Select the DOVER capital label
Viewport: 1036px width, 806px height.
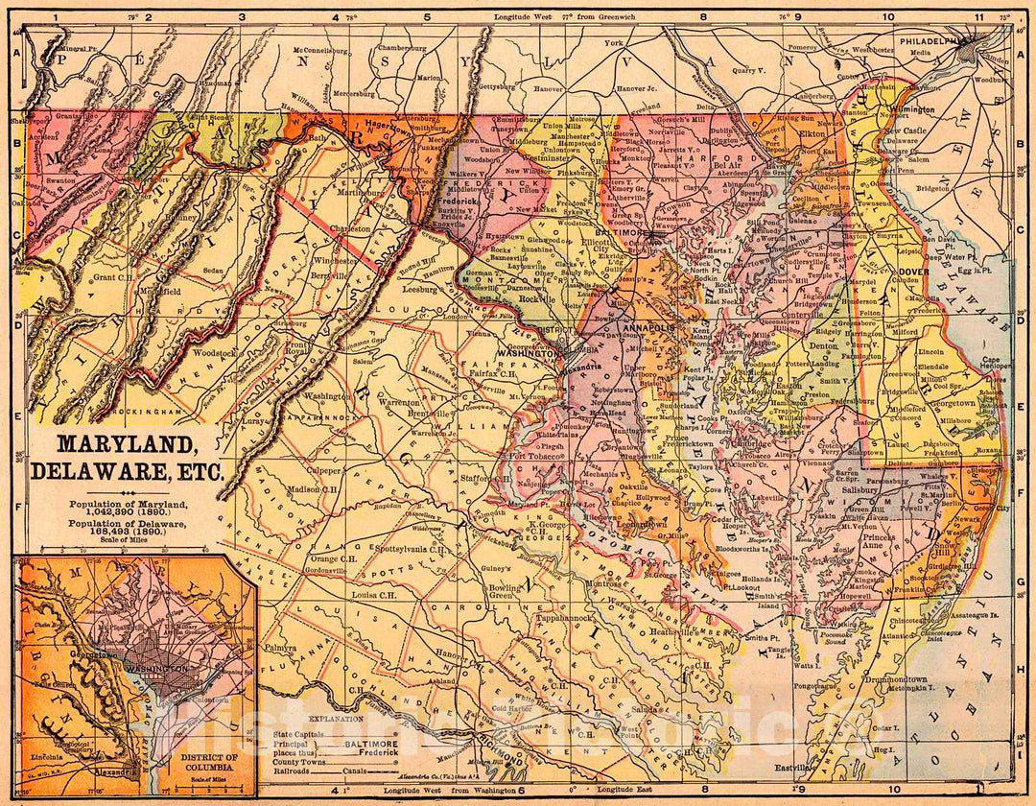(x=913, y=272)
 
